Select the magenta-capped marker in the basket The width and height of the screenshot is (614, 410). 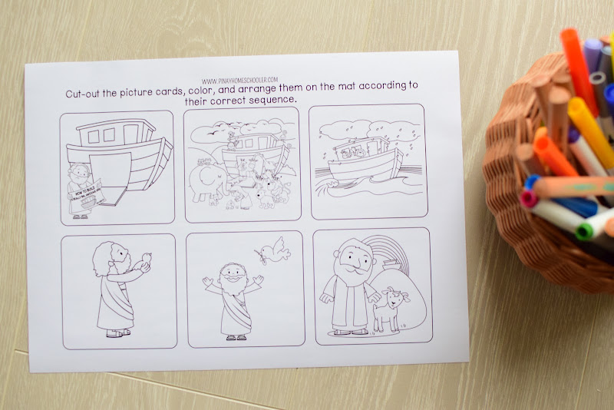(x=529, y=200)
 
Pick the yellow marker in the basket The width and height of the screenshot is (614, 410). (x=591, y=126)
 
